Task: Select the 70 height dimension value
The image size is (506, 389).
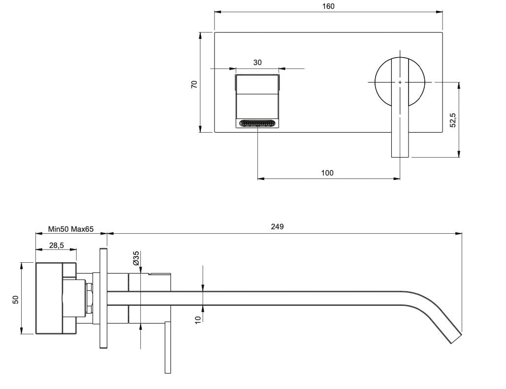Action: [194, 84]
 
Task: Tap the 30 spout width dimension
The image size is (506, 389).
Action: [257, 63]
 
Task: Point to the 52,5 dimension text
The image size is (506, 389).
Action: [453, 120]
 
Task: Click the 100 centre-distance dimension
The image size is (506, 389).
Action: [327, 173]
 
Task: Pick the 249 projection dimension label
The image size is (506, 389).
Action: [278, 227]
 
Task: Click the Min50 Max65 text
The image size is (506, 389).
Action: [71, 229]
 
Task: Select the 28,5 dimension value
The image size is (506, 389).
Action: [56, 245]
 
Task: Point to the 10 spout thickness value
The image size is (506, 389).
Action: [198, 319]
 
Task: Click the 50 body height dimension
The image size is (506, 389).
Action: [15, 299]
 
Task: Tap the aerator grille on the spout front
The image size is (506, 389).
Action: [257, 124]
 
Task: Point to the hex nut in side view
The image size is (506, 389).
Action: [90, 299]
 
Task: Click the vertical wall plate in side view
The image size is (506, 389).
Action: [103, 298]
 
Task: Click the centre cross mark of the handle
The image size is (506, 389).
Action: [400, 81]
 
